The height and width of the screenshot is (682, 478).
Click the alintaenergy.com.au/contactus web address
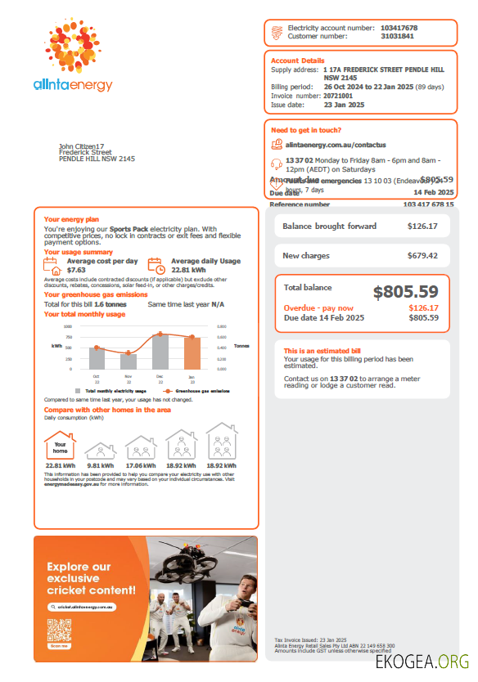336,144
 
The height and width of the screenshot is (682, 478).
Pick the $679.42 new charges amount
422,256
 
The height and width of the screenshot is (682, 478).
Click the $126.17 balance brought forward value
422,227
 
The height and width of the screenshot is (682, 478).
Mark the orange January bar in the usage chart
192,352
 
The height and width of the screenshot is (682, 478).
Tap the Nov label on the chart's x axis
128,376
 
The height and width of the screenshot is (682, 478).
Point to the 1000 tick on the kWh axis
68,325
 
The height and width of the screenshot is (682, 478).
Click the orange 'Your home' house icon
60,446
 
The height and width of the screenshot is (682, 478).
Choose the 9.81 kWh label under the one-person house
100,466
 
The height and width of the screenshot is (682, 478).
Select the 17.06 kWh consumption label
141,466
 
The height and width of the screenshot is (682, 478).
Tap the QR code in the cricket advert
59,632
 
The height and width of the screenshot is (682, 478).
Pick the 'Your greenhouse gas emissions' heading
96,294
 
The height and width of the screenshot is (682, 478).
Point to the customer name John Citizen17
82,146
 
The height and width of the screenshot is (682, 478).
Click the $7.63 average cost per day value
76,269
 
